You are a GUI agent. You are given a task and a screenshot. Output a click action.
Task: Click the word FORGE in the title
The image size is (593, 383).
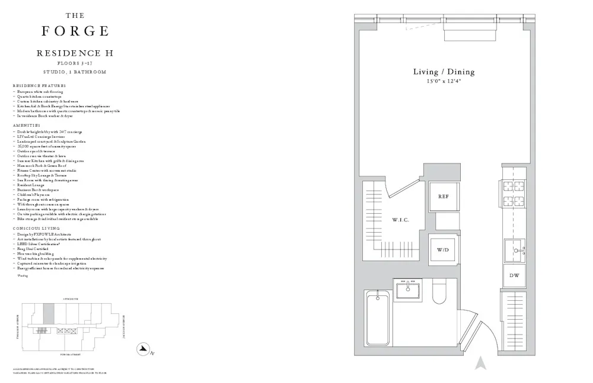75,31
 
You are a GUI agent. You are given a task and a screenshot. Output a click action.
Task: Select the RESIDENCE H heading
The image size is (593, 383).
75,53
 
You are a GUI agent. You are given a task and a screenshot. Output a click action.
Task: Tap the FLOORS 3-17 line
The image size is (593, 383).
75,63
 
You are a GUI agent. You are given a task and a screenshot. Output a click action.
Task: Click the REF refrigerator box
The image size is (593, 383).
443,197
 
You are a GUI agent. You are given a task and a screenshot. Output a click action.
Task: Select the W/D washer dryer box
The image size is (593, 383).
443,250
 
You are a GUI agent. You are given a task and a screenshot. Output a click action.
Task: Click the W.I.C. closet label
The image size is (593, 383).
400,220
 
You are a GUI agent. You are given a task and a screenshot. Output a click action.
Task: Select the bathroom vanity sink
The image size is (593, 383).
407,291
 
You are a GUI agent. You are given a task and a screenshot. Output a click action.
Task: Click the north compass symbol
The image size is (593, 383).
143,350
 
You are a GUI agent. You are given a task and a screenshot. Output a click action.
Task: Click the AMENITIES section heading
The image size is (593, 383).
27,125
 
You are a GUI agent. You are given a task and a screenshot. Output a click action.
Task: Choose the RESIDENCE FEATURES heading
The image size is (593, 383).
40,86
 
